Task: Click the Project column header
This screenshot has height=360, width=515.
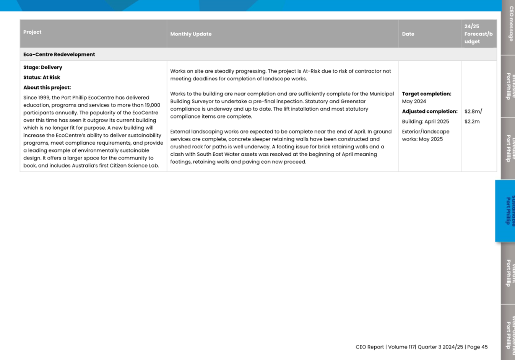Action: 32,32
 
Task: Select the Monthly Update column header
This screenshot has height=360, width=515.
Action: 191,34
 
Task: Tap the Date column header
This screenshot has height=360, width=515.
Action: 408,34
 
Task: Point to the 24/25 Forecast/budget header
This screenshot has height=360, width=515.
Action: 478,34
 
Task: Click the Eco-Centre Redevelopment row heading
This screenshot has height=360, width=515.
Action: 59,54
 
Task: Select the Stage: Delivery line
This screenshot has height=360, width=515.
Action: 43,67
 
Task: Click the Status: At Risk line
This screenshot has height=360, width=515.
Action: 42,77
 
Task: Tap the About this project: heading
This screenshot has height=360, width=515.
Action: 47,88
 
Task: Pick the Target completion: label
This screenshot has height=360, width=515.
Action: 427,94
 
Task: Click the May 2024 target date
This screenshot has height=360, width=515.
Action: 414,101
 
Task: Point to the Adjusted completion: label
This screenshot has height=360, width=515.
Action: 430,111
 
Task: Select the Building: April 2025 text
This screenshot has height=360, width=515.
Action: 426,122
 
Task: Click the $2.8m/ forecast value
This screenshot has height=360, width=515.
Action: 473,111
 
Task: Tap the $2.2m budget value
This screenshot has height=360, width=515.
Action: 472,122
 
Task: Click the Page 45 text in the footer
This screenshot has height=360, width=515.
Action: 478,347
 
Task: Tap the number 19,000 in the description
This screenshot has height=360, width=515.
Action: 152,105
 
